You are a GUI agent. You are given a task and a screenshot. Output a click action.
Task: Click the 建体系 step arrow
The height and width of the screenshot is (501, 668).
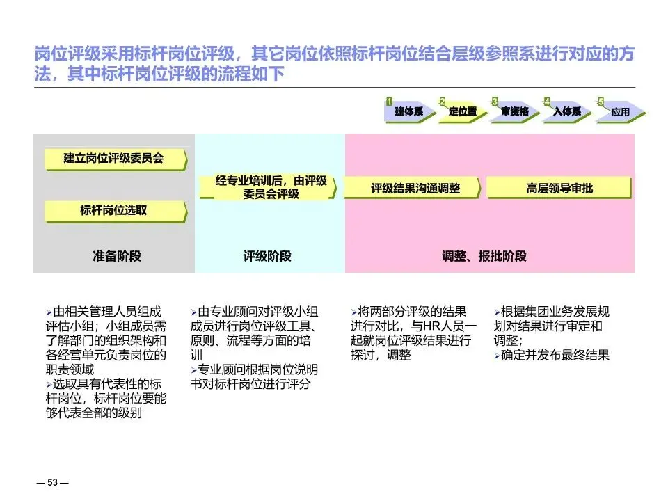409,111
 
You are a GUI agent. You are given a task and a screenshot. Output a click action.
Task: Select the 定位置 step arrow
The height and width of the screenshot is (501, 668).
463,111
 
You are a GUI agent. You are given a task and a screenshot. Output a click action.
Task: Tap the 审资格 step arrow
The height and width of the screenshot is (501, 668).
515,111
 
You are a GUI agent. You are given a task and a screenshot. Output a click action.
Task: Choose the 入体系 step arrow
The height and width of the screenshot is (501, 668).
567,111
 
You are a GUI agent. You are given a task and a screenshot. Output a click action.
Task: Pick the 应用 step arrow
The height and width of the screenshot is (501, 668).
620,111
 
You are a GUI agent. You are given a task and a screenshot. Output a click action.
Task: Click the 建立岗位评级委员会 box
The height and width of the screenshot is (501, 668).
115,159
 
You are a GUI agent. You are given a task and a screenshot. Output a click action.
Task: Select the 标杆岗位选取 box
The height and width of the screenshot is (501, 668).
115,210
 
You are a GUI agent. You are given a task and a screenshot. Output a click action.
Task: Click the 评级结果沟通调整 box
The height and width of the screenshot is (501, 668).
415,188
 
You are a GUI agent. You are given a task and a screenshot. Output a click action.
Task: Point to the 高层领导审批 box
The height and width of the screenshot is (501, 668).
559,188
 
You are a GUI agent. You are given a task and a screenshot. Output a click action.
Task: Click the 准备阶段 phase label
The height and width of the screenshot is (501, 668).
116,256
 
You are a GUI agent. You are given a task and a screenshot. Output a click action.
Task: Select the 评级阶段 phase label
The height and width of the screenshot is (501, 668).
267,256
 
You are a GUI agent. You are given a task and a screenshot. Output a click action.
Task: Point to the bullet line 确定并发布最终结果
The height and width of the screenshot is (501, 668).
555,356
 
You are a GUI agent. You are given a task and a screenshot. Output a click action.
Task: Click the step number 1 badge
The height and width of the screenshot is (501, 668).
390,102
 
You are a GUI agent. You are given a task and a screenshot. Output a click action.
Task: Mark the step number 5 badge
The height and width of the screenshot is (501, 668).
601,102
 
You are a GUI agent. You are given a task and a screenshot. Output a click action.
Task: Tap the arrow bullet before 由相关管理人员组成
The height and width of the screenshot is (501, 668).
49,312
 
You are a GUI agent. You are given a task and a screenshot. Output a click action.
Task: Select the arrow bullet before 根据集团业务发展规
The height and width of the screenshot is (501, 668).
496,312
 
